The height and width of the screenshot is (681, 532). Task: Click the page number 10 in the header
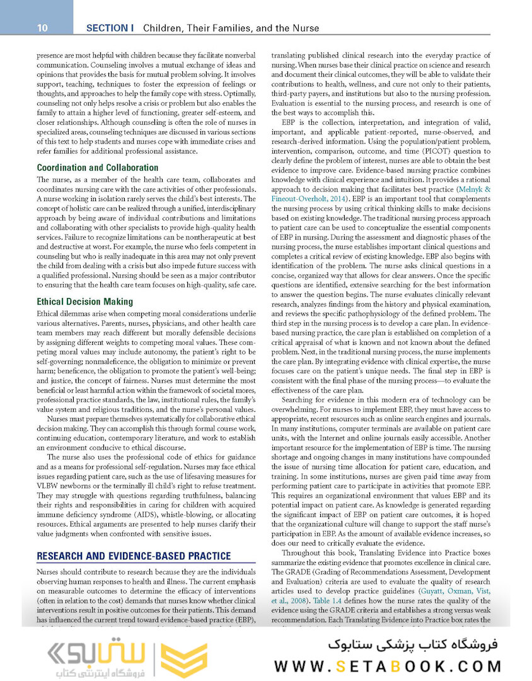click(x=42, y=28)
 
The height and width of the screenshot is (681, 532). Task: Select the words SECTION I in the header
click(x=110, y=28)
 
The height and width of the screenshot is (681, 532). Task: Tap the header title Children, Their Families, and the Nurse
click(x=231, y=28)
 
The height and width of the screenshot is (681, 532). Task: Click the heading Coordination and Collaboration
click(x=97, y=168)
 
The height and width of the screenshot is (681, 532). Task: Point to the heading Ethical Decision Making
click(x=84, y=302)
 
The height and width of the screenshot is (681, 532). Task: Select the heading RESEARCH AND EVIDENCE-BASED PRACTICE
click(x=134, y=556)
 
